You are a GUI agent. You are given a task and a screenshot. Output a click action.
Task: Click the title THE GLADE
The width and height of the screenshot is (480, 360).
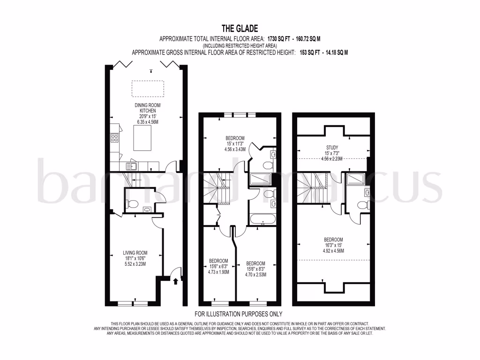click(240, 29)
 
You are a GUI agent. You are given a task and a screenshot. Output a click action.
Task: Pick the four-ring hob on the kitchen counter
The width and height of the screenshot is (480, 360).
click(114, 138)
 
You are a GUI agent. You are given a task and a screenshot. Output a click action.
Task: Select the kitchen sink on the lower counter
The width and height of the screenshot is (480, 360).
click(132, 165)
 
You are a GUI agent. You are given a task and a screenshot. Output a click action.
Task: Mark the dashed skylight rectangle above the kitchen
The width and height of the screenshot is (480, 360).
click(148, 88)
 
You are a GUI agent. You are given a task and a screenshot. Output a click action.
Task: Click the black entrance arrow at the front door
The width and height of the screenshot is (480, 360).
click(176, 281)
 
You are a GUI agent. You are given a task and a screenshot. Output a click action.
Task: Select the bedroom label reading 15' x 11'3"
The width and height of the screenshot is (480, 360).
click(235, 143)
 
